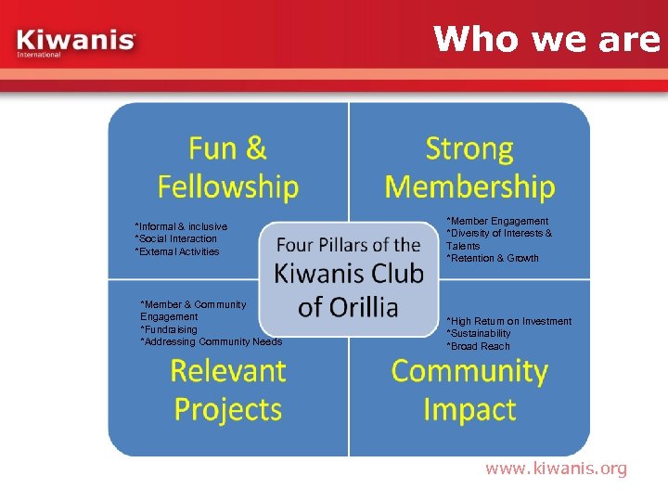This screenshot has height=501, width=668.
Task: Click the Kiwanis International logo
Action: point(76,43)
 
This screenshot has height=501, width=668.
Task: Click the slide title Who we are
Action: point(546,38)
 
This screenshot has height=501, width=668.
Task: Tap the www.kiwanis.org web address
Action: point(556,469)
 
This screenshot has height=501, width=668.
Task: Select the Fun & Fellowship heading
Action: point(228,167)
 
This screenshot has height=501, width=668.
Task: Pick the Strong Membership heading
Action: point(469,167)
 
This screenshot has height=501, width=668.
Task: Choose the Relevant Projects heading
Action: point(228,390)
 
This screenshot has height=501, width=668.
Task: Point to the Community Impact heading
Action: point(469,390)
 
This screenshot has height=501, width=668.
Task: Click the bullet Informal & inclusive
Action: point(181,226)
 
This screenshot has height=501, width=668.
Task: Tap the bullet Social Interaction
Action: point(176,238)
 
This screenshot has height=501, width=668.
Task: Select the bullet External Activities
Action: point(177,251)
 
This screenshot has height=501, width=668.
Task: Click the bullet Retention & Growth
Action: point(493,258)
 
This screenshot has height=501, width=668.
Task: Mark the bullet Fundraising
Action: point(169,329)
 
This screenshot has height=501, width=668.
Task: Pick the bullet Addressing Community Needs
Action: point(211,341)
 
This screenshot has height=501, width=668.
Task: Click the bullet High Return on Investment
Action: point(509,321)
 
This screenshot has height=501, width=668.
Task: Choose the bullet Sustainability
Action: point(479,333)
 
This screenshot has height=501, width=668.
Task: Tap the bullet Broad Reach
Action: point(479,346)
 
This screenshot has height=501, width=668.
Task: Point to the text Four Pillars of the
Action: point(349,245)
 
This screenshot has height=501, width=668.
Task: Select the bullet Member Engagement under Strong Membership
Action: point(497,221)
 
